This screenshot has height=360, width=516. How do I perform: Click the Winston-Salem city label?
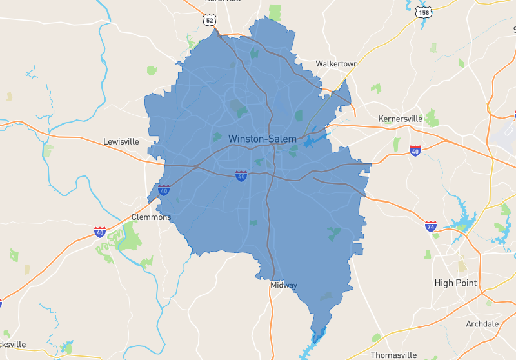[x=263, y=139]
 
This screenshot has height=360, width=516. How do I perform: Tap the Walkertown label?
[x=337, y=64]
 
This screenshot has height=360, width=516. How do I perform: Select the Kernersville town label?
[x=399, y=119]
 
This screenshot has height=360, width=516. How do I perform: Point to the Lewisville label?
[x=121, y=141]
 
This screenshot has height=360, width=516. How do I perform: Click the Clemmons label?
[x=152, y=217]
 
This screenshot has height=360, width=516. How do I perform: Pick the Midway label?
[x=284, y=285]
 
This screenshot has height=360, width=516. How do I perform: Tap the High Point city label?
[x=455, y=283]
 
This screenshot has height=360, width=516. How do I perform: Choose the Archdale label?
[x=482, y=324]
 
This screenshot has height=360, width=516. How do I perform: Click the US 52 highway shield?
[x=209, y=21]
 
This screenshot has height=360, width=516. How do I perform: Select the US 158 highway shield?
[x=424, y=13]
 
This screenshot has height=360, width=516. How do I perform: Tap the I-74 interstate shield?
[x=431, y=226]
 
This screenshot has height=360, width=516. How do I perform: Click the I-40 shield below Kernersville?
[x=415, y=151]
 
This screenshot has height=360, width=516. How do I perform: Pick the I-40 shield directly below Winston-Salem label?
[x=241, y=175]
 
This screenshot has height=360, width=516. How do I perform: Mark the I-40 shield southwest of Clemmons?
[x=100, y=232]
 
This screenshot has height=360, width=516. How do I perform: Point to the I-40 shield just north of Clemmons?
[x=164, y=190]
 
